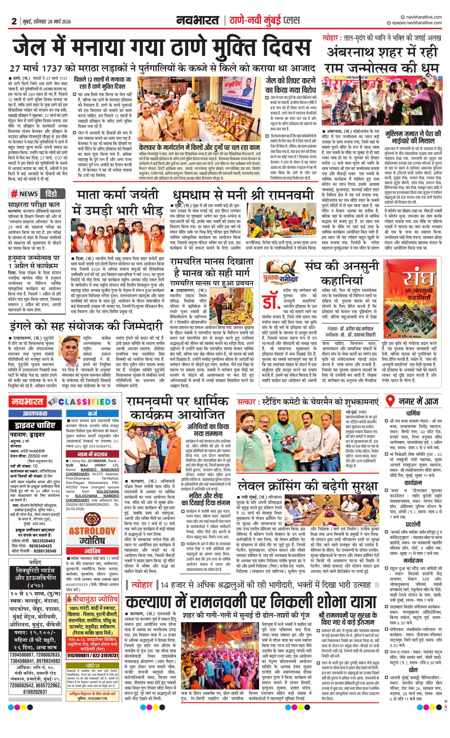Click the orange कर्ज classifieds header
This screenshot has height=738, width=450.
(92, 414)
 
